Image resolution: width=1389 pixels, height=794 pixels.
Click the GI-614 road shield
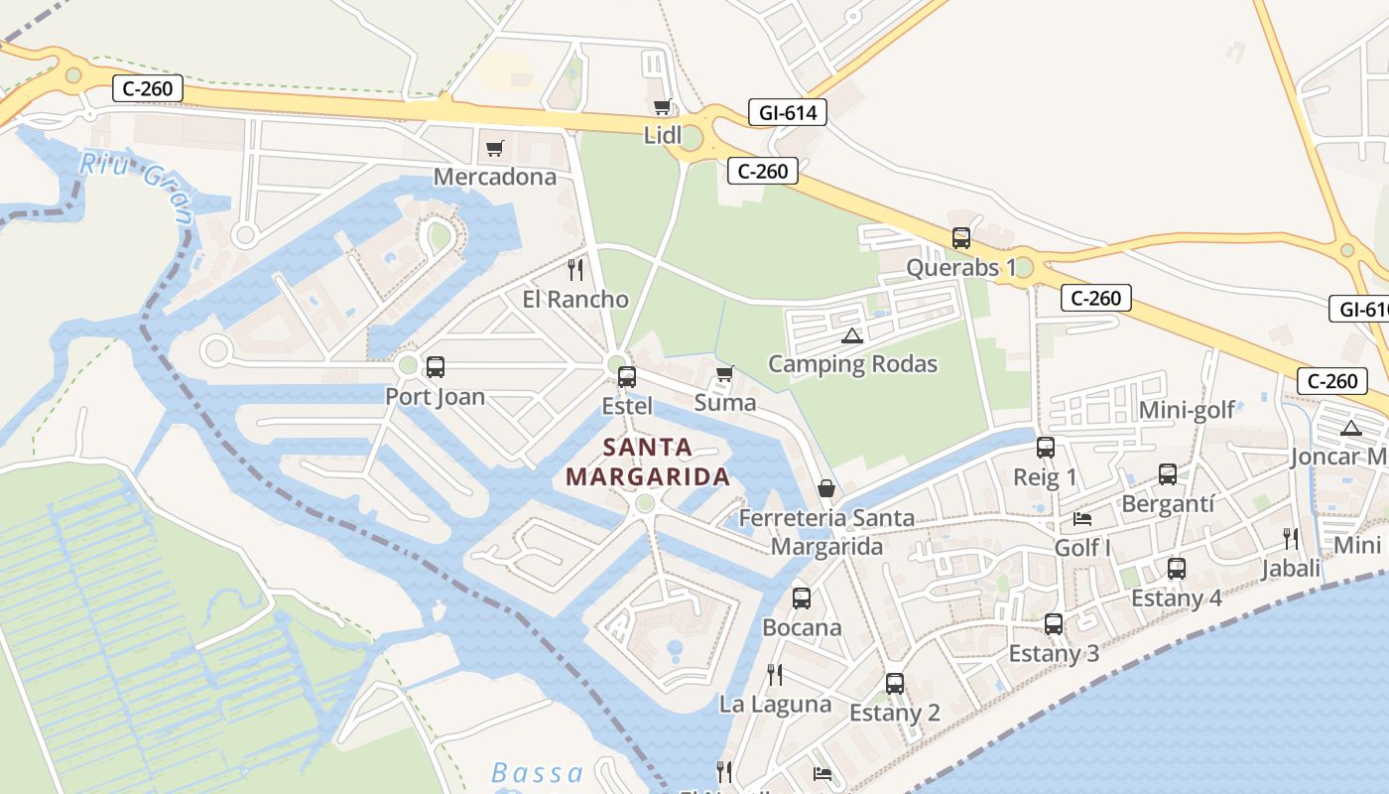coord(788,112)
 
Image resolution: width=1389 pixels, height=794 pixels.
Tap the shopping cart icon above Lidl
coord(662,106)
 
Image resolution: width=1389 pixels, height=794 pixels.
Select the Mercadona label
coord(495,177)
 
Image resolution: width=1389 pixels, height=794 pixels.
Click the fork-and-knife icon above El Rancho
coord(574,269)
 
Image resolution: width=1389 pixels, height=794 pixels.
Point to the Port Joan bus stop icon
coord(435,367)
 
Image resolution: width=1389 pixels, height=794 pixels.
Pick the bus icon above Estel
coord(627,377)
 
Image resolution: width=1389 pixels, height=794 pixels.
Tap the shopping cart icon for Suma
coord(724,374)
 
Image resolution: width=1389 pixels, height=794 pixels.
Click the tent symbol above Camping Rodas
coord(852,335)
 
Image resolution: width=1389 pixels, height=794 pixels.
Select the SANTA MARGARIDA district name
coord(648,463)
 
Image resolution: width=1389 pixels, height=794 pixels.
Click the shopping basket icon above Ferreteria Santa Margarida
coord(825,488)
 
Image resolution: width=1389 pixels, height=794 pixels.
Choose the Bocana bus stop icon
coord(802,598)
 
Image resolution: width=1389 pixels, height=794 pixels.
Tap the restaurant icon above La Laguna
coord(775,675)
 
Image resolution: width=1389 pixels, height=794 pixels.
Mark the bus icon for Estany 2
coord(895,684)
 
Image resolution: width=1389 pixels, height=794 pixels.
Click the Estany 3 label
coord(1054,654)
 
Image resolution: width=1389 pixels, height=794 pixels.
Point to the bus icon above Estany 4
coord(1177,569)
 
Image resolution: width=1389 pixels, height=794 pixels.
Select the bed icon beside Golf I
coord(1082,519)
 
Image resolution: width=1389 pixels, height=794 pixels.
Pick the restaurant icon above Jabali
coord(1291,539)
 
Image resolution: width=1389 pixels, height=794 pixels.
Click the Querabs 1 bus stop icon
coord(961,238)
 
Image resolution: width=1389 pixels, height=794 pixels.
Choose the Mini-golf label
coord(1187,410)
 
